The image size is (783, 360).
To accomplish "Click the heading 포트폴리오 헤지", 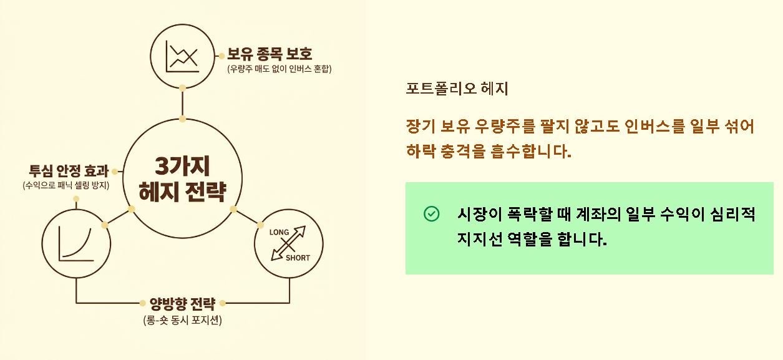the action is point(457,89).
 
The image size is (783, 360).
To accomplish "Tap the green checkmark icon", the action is point(431,214).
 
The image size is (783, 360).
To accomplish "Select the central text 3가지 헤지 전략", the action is point(182,178).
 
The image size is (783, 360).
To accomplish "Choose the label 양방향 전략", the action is point(182,304).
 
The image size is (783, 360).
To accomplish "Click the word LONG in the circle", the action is point(279,233).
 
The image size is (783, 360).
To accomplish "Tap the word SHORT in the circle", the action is point(298,257).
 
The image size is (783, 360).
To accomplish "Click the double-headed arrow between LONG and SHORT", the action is point(289,244).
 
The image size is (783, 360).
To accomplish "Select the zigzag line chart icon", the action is point(182,56).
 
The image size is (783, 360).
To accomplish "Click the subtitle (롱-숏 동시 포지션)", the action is point(182,321).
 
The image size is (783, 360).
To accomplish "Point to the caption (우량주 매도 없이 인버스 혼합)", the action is point(280,69).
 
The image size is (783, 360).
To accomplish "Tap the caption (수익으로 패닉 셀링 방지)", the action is point(66,186).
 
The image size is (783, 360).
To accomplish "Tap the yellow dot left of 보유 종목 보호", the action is point(221,55).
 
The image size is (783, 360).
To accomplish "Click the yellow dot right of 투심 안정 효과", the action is point(115,172).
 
